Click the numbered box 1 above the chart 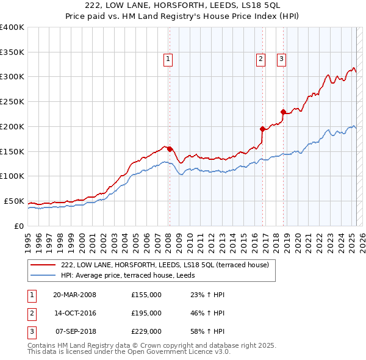[168, 59]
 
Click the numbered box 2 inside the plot [260, 59]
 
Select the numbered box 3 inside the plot [281, 59]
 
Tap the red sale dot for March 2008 [170, 148]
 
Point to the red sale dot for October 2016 [262, 129]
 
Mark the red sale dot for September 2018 [283, 112]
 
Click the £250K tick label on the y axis [12, 101]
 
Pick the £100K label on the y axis [12, 176]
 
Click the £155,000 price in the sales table [146, 295]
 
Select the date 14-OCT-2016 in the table [75, 313]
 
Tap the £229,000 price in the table [146, 332]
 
